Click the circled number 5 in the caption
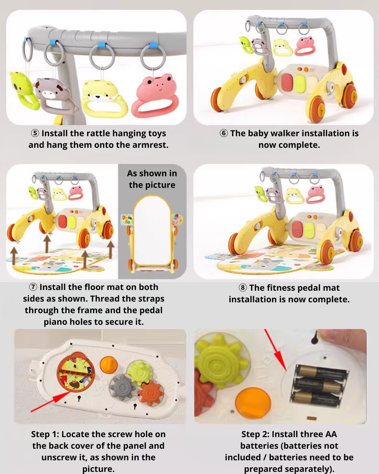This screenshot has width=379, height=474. [35, 133]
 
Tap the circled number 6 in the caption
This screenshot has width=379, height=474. [224, 133]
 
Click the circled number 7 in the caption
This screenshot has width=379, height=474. [33, 287]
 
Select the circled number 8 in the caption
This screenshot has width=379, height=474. [242, 288]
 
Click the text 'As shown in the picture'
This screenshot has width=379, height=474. [152, 179]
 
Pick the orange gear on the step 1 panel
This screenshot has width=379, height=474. [151, 393]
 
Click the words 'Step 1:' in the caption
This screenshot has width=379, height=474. [45, 434]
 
